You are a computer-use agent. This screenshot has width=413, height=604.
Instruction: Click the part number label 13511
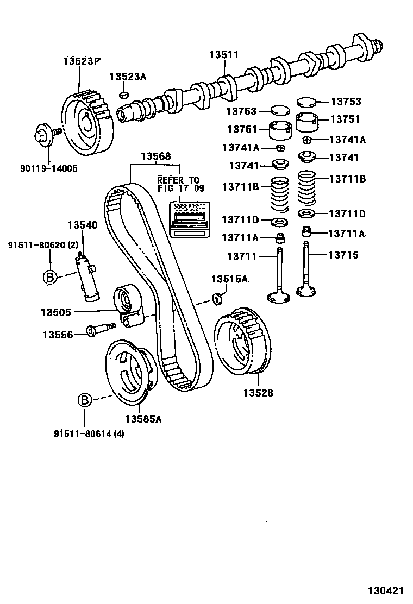(224, 55)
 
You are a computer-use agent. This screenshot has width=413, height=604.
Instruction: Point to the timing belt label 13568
(156, 156)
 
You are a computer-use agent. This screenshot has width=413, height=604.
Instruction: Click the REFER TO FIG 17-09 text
(178, 184)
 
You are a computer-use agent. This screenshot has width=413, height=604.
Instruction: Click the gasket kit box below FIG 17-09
(189, 219)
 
